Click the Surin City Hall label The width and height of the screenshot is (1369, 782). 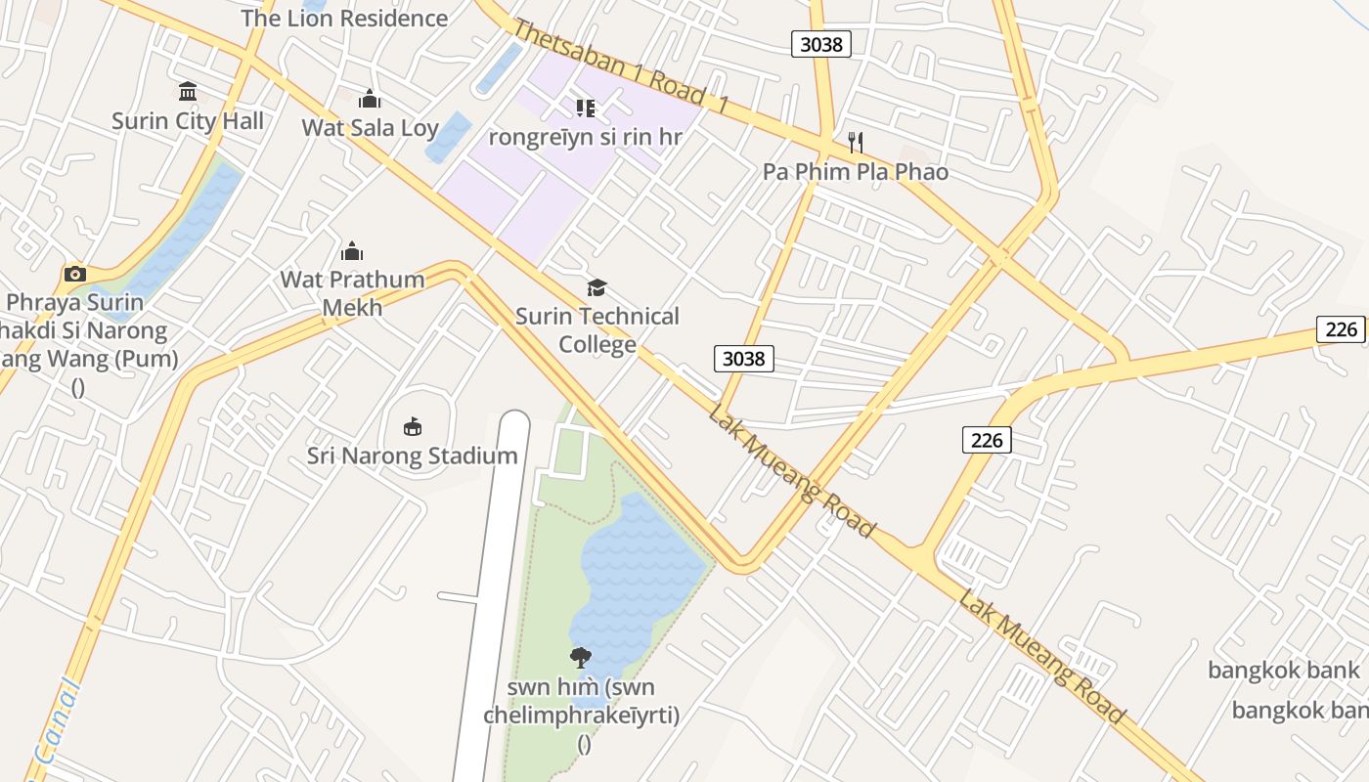click(188, 121)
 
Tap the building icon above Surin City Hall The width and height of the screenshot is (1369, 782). click(188, 92)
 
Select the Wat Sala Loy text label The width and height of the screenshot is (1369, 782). click(370, 127)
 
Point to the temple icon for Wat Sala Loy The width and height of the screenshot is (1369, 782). click(370, 99)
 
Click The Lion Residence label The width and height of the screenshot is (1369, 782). click(344, 18)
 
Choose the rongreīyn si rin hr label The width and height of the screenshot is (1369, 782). click(585, 137)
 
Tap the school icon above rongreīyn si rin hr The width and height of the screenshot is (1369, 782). click(585, 108)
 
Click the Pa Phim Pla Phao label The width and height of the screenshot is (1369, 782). click(856, 172)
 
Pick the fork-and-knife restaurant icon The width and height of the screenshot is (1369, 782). click(856, 143)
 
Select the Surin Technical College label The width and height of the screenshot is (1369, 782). click(596, 329)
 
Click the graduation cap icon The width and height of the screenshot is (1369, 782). click(596, 287)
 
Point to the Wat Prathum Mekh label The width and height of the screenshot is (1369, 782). click(352, 293)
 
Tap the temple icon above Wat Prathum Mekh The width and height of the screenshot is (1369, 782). click(352, 251)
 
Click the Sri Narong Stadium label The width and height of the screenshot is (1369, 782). click(413, 456)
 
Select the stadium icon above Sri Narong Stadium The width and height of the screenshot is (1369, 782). click(413, 426)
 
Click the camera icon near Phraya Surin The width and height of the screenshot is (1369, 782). click(75, 274)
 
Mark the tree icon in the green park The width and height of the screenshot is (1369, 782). click(580, 657)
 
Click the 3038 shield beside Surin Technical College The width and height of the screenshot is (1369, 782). click(743, 359)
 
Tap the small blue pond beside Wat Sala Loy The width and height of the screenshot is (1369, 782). click(449, 138)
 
